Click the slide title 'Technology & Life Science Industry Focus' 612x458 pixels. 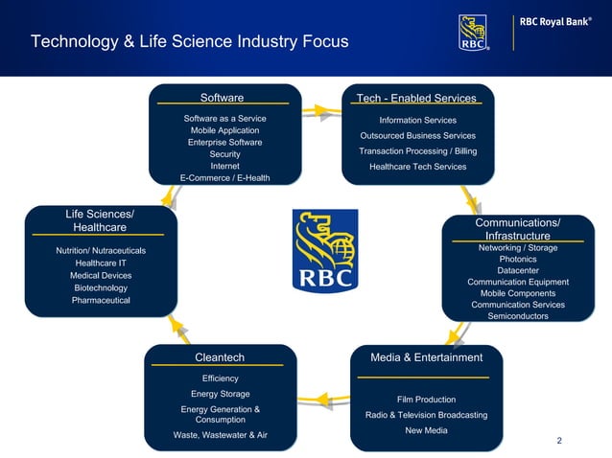[x=190, y=42]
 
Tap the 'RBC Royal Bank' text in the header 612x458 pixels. [x=561, y=21]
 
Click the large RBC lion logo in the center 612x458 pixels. [x=324, y=251]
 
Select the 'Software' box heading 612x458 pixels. [x=222, y=98]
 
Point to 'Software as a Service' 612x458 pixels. [x=224, y=119]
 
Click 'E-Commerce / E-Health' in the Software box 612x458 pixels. [x=224, y=177]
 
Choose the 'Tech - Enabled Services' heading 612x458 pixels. [x=416, y=99]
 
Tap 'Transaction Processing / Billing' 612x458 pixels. [x=417, y=151]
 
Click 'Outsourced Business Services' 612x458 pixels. [x=417, y=136]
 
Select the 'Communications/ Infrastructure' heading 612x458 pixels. [x=517, y=229]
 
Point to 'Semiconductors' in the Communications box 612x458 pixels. [x=517, y=316]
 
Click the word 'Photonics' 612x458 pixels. [x=517, y=260]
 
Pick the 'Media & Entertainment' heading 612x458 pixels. [x=426, y=357]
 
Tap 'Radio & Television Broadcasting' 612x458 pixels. [x=426, y=415]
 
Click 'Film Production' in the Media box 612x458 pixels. [x=426, y=400]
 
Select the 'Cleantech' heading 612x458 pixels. [x=220, y=357]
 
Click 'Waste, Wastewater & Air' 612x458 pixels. [x=220, y=435]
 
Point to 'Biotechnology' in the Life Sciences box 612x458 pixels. [x=101, y=287]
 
